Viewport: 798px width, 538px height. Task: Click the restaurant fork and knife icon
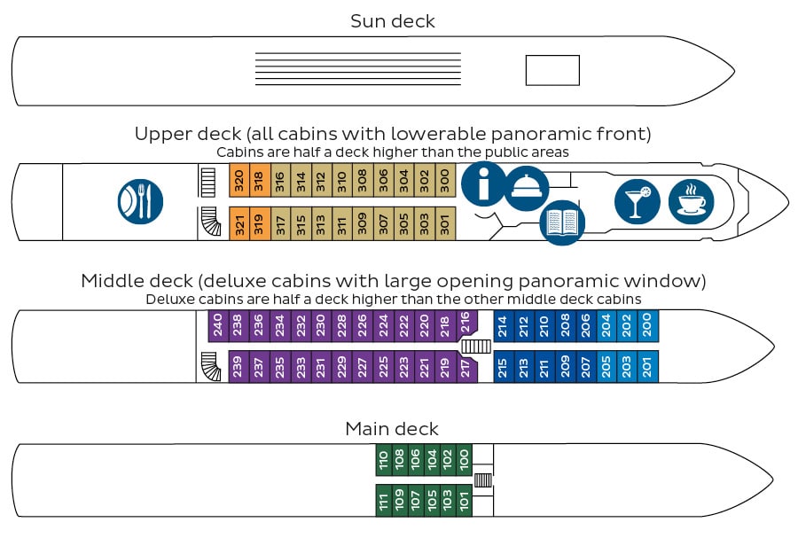[x=140, y=201]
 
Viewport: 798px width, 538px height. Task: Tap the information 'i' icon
[x=483, y=184]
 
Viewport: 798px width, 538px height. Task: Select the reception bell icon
[x=526, y=188]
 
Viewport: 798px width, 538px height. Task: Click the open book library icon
[x=562, y=222]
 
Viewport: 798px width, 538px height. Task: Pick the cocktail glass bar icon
[x=638, y=201]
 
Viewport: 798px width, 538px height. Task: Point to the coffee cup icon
[x=691, y=201]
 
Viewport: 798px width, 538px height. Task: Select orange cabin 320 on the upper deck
[x=239, y=180]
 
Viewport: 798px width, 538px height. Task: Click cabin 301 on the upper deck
[x=445, y=223]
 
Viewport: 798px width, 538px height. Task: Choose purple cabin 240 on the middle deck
[x=218, y=325]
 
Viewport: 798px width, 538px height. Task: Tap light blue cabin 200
[x=648, y=325]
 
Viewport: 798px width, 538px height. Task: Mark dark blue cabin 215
[x=504, y=366]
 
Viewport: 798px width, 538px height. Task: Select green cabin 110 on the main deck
[x=384, y=460]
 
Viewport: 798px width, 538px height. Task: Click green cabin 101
[x=464, y=501]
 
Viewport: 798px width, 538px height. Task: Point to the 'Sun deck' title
[x=393, y=21]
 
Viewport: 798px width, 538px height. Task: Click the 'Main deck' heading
[x=392, y=429]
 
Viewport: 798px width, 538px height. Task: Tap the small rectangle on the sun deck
[x=552, y=70]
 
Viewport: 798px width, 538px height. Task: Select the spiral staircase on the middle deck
[x=211, y=366]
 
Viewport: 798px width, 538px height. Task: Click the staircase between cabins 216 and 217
[x=476, y=347]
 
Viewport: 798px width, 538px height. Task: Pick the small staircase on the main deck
[x=483, y=480]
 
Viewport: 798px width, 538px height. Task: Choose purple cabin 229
[x=341, y=366]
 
